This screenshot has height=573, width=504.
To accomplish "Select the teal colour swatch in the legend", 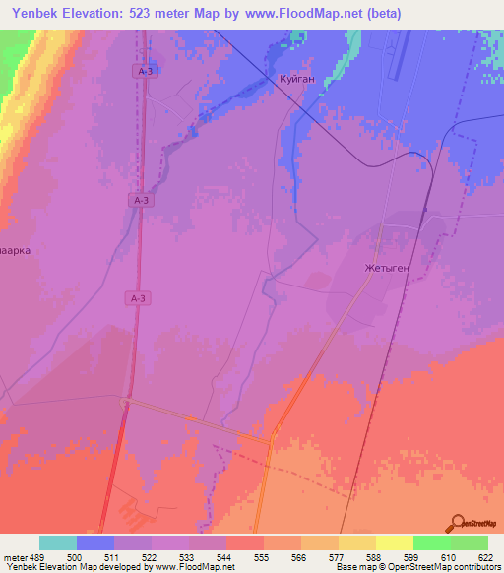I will [58, 542].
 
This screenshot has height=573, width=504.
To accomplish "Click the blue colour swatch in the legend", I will [95, 542].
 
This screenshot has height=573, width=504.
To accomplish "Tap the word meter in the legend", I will [15, 556].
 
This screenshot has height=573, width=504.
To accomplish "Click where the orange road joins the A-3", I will [123, 400].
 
